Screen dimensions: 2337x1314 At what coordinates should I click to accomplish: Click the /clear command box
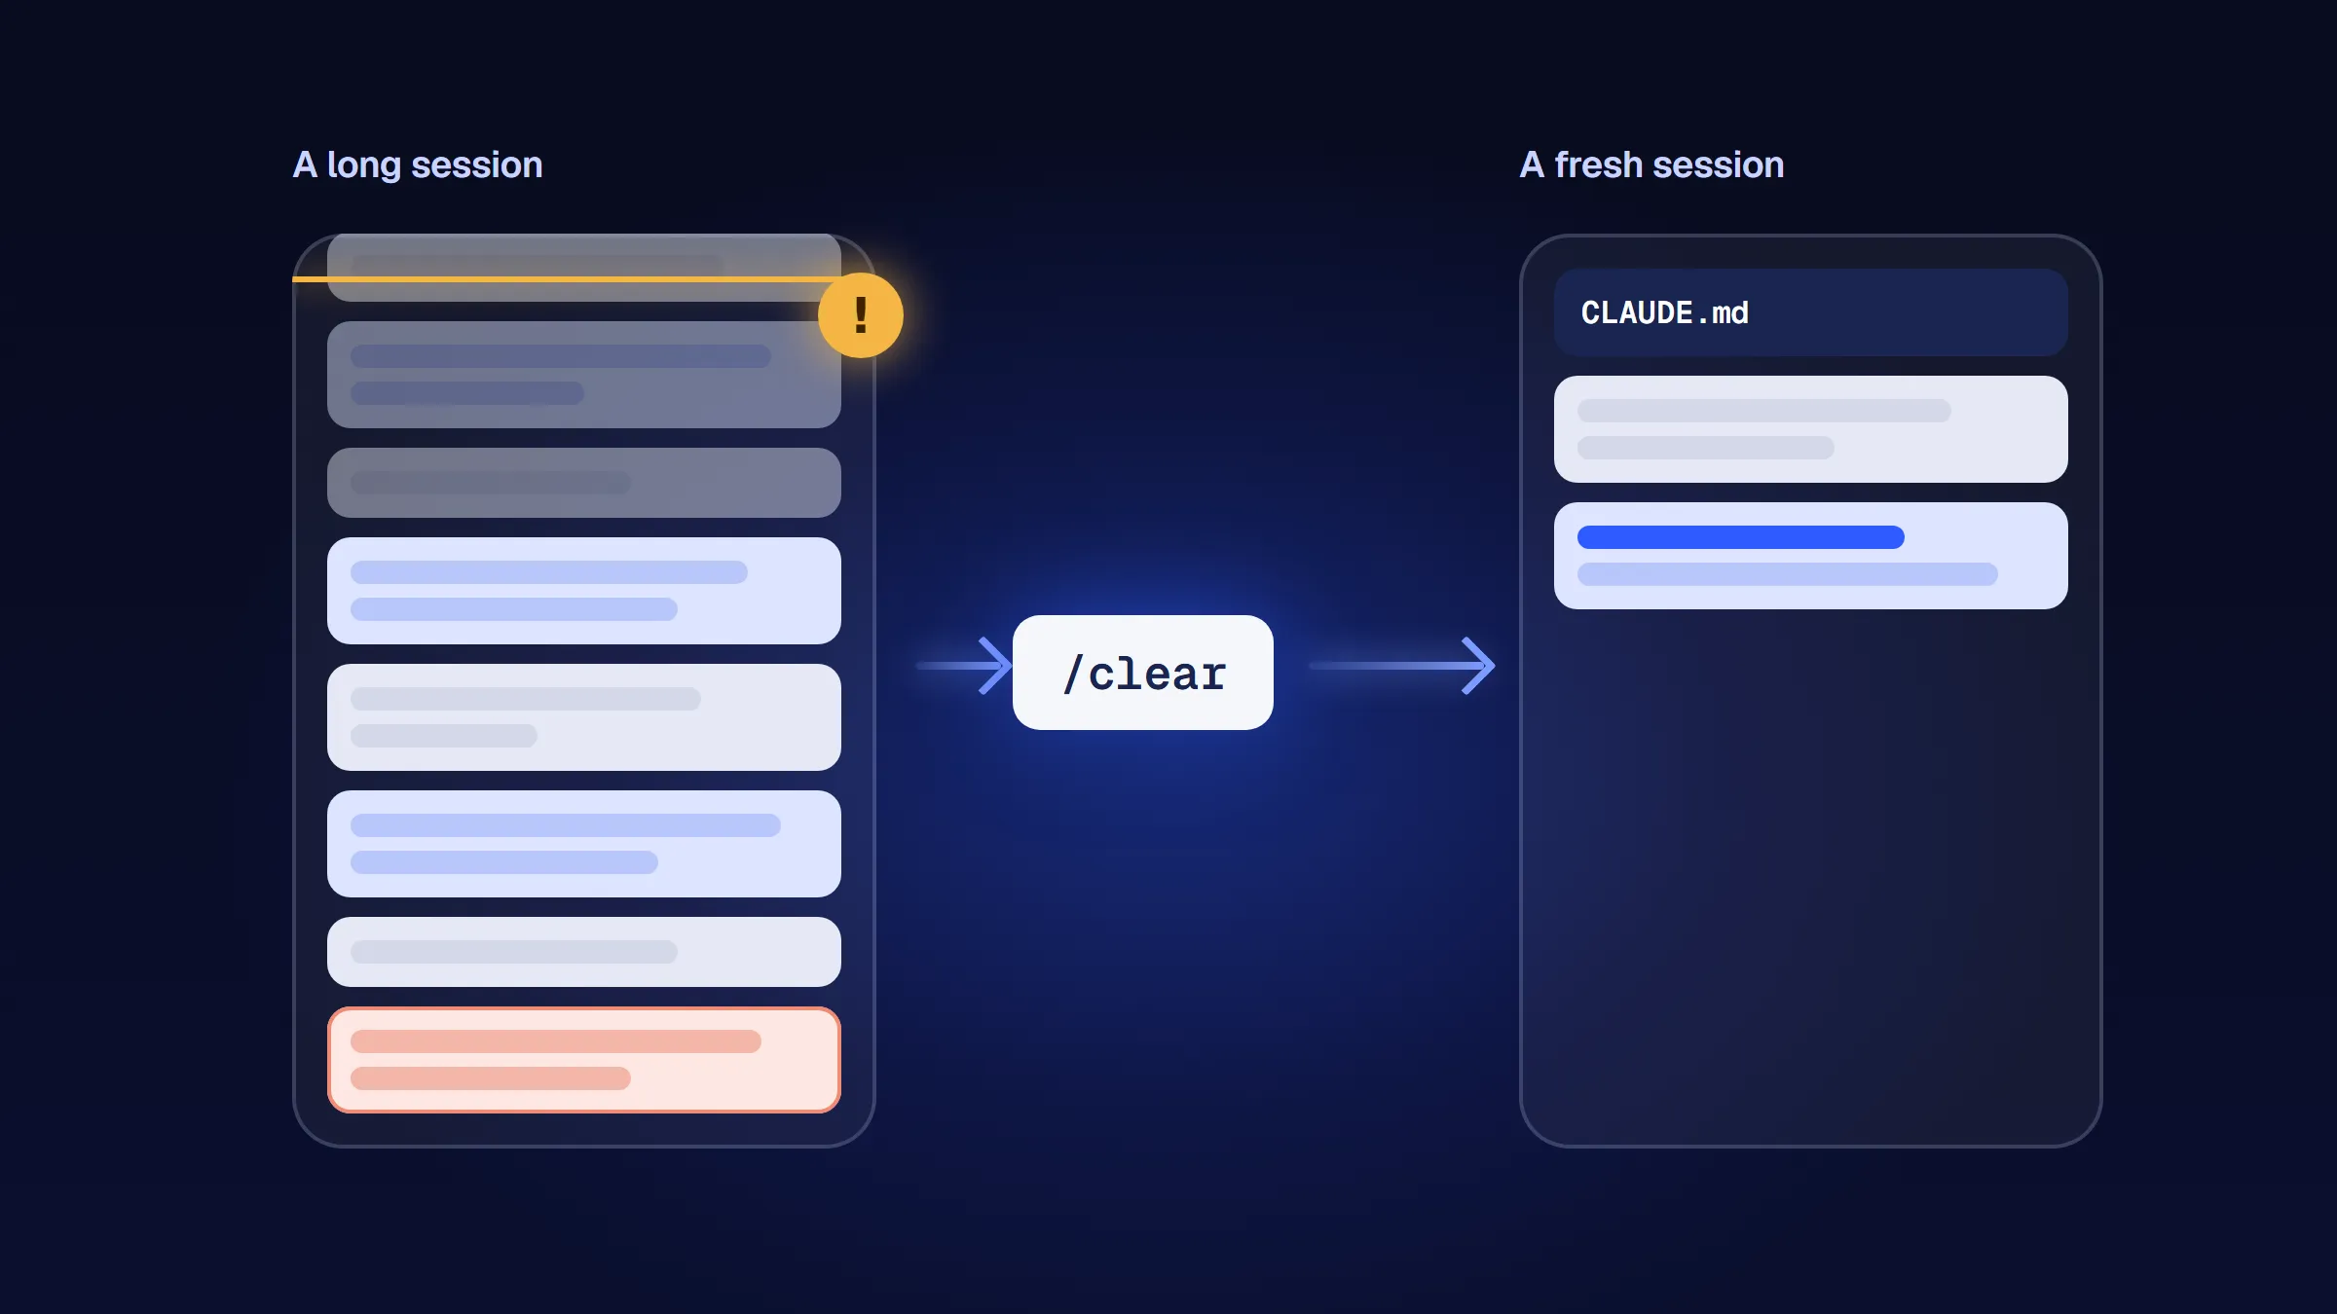coord(1142,673)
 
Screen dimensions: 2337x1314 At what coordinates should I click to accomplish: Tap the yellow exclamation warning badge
coord(861,315)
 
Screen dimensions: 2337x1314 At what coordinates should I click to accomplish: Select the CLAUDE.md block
coord(1810,312)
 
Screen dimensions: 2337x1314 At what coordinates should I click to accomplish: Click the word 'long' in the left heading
coord(363,165)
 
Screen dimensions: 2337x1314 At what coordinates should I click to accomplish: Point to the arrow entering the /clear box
coord(964,666)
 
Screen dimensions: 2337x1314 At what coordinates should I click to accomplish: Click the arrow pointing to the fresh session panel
coord(1402,666)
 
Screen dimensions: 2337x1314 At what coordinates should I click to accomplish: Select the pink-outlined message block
coord(584,1060)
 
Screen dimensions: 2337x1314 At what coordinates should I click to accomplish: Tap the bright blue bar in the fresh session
coord(1740,537)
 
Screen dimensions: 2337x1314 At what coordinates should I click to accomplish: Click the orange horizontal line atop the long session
coord(565,279)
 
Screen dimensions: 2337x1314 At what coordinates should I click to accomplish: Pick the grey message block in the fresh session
coord(1810,429)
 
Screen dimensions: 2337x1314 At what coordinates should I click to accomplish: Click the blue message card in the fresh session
coord(1810,556)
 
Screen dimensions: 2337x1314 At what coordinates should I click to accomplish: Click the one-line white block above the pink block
coord(584,952)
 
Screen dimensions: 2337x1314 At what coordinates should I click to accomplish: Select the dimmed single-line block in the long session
coord(584,483)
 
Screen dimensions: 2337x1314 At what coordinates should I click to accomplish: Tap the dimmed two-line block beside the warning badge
coord(584,375)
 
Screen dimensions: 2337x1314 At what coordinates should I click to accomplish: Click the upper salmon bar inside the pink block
coord(555,1041)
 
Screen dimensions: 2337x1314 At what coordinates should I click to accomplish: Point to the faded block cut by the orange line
coord(584,267)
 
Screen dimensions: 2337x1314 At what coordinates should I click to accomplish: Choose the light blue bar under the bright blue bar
coord(1787,574)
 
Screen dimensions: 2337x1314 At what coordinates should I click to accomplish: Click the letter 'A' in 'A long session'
coord(305,164)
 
